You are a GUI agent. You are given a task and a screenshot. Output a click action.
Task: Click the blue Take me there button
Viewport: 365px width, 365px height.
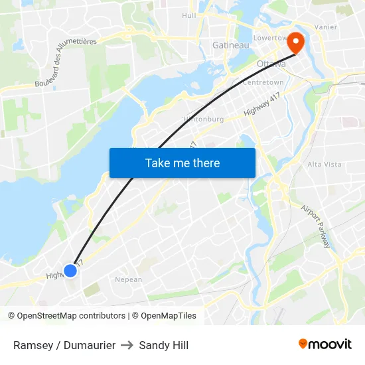(x=183, y=163)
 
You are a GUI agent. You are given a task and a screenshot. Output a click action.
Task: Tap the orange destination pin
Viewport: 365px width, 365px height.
(x=293, y=43)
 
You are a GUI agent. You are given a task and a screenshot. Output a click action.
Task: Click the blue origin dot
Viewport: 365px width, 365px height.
(x=70, y=271)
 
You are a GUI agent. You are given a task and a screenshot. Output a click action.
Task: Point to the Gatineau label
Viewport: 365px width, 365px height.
(x=230, y=45)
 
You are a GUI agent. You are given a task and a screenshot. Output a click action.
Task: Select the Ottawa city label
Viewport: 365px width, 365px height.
(x=271, y=64)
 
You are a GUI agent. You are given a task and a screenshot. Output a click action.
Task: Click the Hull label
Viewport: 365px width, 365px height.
(x=189, y=15)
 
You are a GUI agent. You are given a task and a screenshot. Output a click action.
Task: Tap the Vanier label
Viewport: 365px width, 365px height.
(x=326, y=27)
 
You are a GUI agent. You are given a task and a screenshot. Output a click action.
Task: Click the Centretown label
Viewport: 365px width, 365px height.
(x=263, y=82)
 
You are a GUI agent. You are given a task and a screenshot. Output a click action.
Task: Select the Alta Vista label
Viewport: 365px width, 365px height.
(x=324, y=164)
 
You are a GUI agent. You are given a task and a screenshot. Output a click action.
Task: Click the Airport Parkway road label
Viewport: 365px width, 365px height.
(x=316, y=226)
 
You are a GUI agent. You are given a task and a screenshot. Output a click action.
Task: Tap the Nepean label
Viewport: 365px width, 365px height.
(x=129, y=279)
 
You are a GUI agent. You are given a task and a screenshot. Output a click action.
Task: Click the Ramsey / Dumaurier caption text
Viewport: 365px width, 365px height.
(x=64, y=345)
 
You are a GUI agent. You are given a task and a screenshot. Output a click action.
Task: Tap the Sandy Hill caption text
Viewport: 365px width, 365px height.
(x=164, y=345)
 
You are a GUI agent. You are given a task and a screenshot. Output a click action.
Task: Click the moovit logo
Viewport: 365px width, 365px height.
(x=325, y=344)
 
